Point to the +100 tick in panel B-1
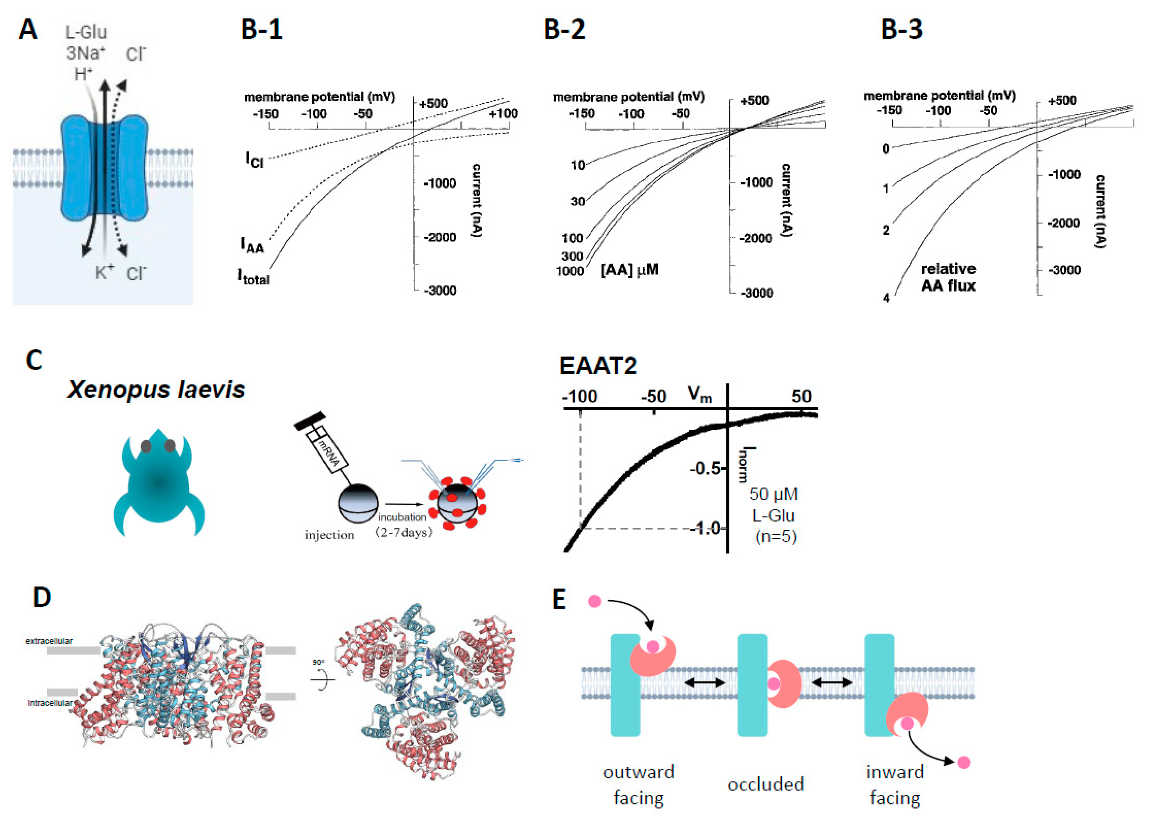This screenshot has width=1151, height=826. point(503,113)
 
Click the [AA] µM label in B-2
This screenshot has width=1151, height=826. point(629,270)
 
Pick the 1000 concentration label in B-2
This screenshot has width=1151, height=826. point(570,271)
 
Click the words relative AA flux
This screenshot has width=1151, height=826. point(948,277)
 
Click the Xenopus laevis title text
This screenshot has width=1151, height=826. point(156,389)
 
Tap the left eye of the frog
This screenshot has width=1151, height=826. point(146,446)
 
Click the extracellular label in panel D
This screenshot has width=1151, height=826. point(49,641)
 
